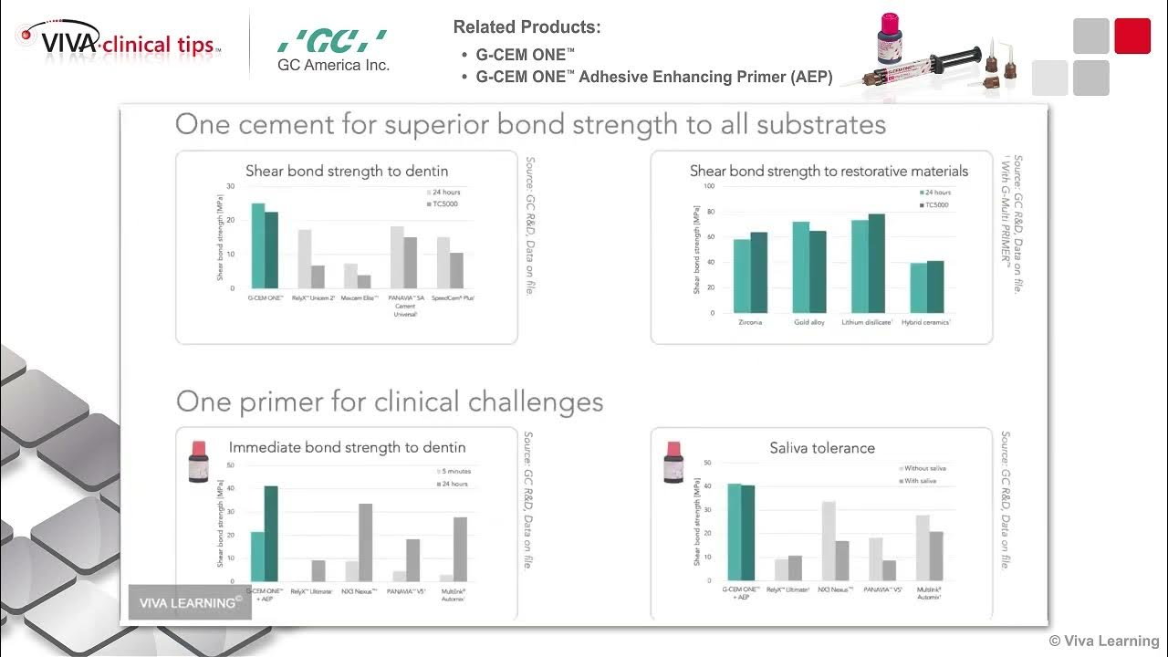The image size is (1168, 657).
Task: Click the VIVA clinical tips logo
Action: pos(119,40)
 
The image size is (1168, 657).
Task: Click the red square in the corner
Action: pos(1132,36)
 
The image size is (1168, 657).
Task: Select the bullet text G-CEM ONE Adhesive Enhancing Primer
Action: pos(653,78)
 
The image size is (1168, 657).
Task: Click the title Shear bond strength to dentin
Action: pos(347,171)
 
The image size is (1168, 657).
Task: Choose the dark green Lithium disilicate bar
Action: pos(877,263)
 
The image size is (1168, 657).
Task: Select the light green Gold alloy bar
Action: pos(800,266)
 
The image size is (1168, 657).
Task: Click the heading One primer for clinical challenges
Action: pos(390,401)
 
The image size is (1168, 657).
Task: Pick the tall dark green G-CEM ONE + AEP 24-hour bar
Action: pos(271,533)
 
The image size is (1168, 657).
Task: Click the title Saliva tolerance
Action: pos(822,448)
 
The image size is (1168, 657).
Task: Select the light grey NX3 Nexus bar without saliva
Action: pos(829,540)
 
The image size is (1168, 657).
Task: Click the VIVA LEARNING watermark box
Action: pos(190,602)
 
